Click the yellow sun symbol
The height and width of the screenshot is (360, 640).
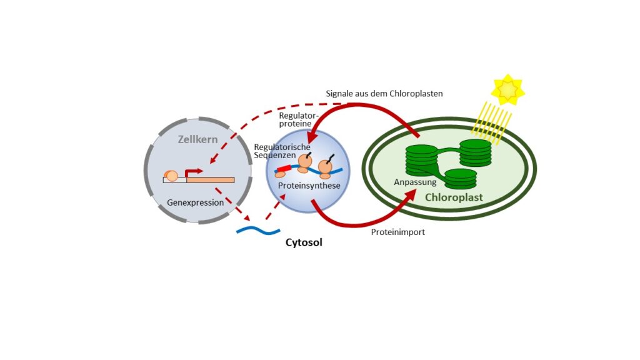click(x=507, y=89)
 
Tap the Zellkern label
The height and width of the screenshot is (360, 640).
click(x=197, y=139)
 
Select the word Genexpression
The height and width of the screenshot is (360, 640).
click(x=195, y=202)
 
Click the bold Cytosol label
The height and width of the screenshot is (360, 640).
click(x=304, y=242)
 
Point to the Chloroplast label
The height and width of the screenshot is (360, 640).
click(x=454, y=197)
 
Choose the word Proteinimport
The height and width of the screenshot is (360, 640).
click(x=398, y=232)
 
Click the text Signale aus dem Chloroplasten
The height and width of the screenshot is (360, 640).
click(x=384, y=94)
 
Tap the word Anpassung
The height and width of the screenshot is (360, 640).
click(x=415, y=182)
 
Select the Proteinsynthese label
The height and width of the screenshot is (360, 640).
click(x=309, y=186)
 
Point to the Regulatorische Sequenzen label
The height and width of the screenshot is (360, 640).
click(x=282, y=151)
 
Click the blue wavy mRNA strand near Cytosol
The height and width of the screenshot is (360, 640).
click(x=258, y=231)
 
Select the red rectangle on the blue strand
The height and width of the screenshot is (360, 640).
click(x=284, y=168)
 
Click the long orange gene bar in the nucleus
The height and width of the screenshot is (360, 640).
click(x=210, y=180)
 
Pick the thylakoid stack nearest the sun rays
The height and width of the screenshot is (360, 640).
click(x=476, y=152)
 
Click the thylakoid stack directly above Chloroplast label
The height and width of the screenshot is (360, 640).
click(x=461, y=179)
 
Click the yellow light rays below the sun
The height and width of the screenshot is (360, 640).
click(x=492, y=122)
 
